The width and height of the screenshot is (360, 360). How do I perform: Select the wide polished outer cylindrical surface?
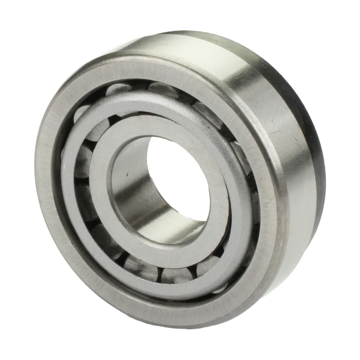click(267, 103)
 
